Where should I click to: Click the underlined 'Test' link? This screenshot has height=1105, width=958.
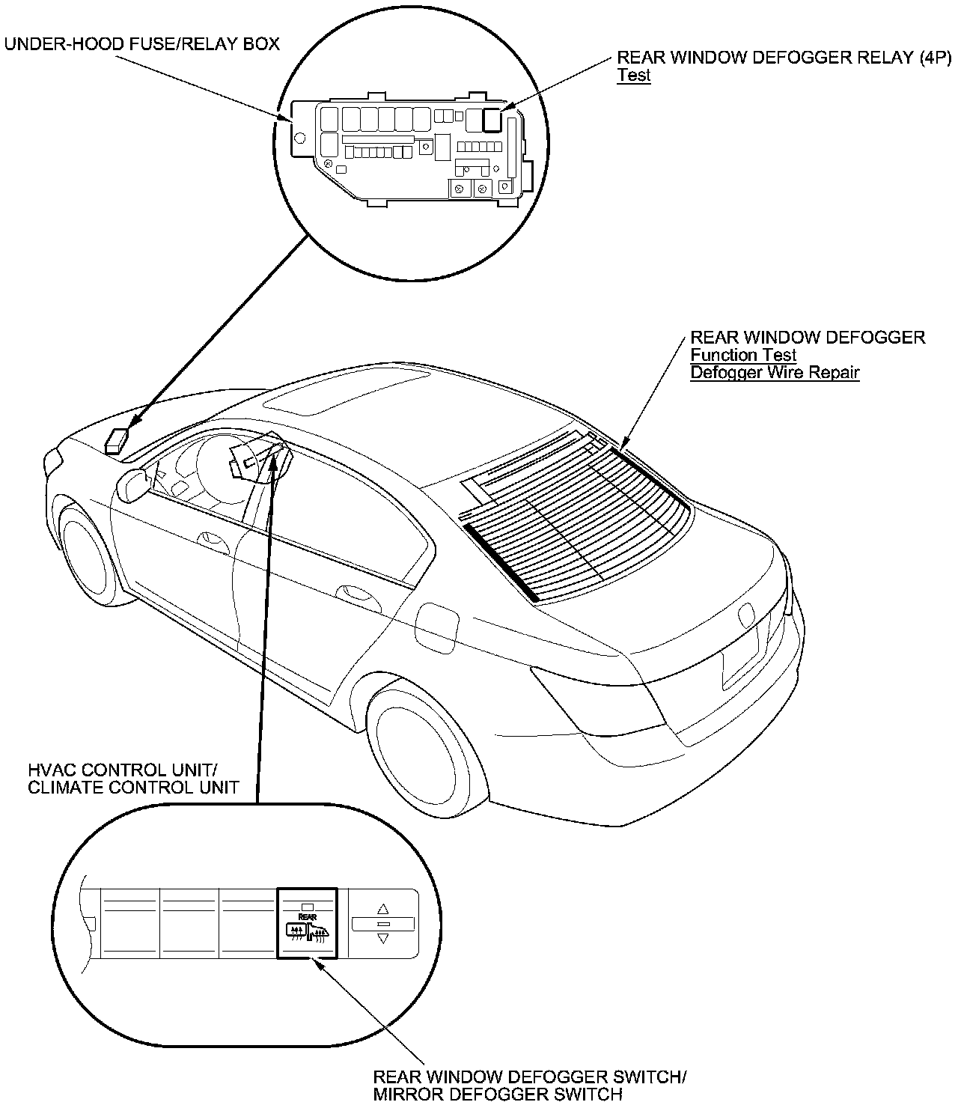pyautogui.click(x=633, y=76)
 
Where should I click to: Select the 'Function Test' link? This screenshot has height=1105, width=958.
pyautogui.click(x=742, y=355)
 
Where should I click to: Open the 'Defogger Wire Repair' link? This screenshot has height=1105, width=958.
pyautogui.click(x=775, y=372)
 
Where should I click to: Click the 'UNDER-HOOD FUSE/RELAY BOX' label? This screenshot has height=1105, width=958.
pyautogui.click(x=142, y=44)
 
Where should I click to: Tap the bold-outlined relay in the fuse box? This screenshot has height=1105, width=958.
pyautogui.click(x=492, y=118)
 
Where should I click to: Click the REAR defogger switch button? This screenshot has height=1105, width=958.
pyautogui.click(x=308, y=922)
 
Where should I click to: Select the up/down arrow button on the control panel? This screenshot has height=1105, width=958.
pyautogui.click(x=383, y=924)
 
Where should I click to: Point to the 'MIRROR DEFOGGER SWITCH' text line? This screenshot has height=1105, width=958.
pyautogui.click(x=497, y=1095)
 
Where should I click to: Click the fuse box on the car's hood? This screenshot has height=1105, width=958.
pyautogui.click(x=118, y=441)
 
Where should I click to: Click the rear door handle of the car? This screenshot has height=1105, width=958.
pyautogui.click(x=358, y=594)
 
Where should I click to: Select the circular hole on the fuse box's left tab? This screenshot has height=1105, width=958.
pyautogui.click(x=299, y=138)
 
